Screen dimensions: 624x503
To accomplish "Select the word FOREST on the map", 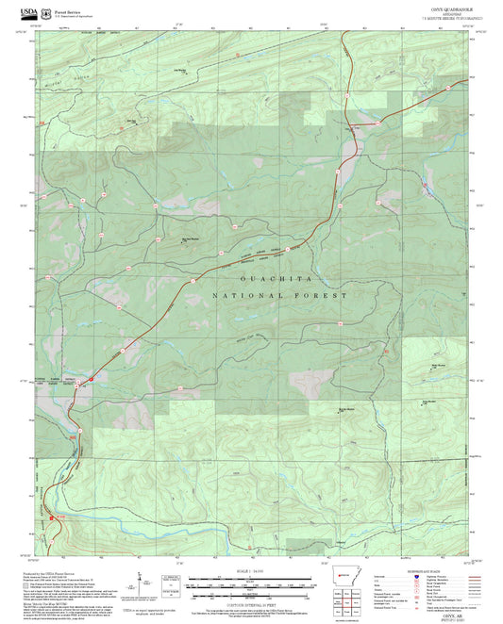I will click(326, 296).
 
